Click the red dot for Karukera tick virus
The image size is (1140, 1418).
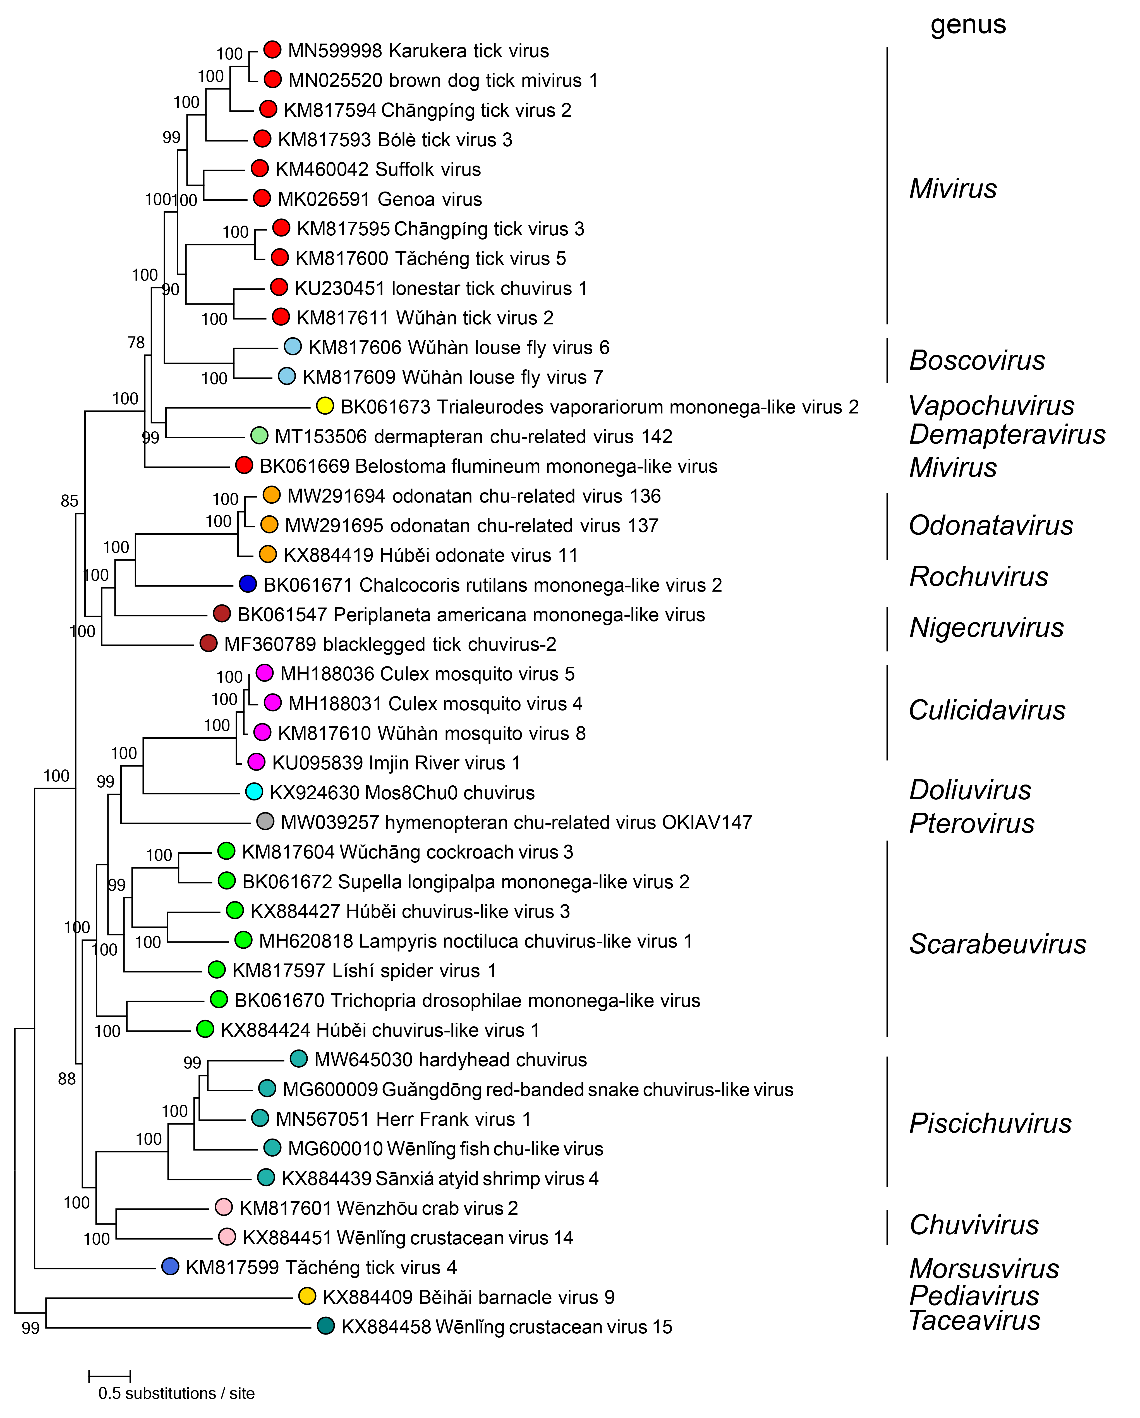(x=272, y=49)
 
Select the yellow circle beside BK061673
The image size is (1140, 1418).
(x=325, y=406)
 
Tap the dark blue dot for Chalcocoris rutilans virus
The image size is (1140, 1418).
(x=247, y=584)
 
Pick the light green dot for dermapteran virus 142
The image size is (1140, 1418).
(x=259, y=436)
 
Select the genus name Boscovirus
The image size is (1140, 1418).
(x=976, y=360)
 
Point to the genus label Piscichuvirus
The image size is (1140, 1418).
(x=990, y=1123)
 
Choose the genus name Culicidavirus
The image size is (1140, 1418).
(x=986, y=710)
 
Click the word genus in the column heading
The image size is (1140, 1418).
(x=968, y=25)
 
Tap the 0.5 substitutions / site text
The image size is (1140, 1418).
(x=176, y=1393)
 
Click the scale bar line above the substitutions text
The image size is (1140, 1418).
(x=110, y=1375)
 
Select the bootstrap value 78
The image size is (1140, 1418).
(x=136, y=343)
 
